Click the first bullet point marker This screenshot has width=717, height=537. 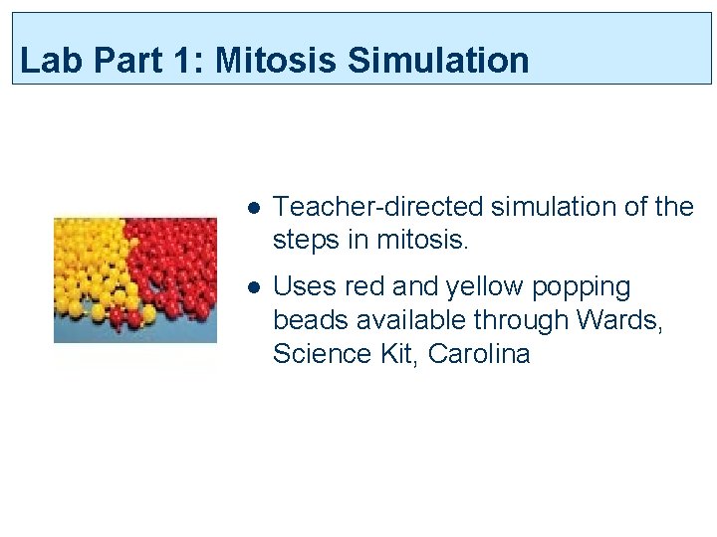(x=254, y=208)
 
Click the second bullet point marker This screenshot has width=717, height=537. (x=254, y=287)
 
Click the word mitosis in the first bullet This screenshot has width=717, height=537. (x=430, y=241)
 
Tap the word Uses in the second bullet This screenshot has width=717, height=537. (x=305, y=287)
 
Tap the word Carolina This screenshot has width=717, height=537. (x=479, y=354)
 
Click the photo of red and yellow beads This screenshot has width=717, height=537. (x=134, y=279)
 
